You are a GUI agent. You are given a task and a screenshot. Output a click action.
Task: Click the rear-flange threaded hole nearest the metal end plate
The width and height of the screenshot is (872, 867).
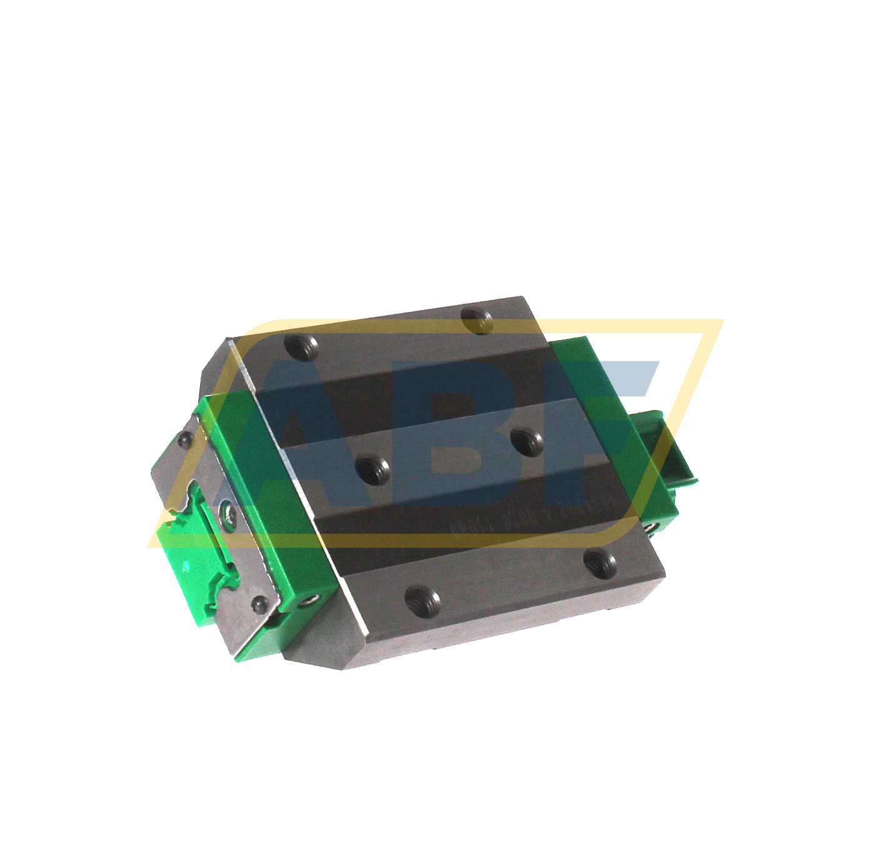coord(302,346)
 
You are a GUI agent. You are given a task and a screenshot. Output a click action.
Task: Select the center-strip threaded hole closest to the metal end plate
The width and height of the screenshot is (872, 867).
coord(373,468)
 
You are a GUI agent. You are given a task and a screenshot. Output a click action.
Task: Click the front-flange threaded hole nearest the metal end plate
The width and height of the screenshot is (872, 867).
coord(423,600)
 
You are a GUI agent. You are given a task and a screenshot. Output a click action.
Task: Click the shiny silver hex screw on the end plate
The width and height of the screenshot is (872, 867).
coord(229,516)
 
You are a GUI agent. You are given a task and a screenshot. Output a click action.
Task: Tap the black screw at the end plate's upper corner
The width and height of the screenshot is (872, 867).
coord(184,441)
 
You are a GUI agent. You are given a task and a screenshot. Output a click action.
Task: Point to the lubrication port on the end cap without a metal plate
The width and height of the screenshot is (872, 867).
coord(650,529)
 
